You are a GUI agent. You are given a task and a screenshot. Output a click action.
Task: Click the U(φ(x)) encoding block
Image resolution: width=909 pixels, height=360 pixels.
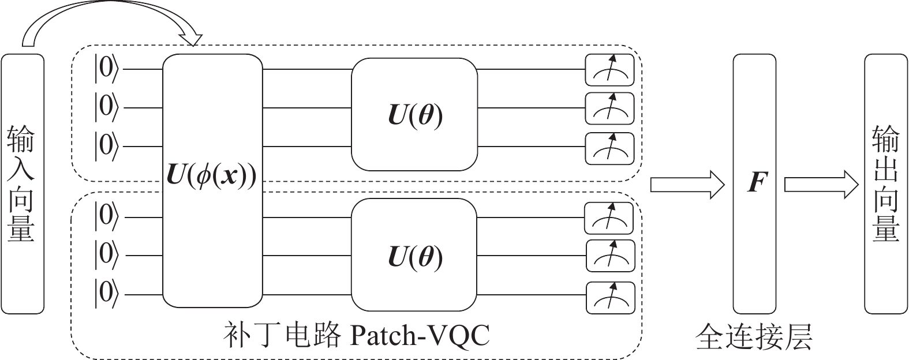[212, 180]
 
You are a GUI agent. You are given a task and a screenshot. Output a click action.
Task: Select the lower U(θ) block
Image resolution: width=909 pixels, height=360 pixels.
[414, 257]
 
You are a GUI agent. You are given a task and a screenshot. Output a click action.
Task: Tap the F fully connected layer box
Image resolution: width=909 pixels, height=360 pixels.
[755, 183]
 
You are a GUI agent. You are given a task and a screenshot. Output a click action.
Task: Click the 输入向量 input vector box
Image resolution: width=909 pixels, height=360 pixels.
[23, 183]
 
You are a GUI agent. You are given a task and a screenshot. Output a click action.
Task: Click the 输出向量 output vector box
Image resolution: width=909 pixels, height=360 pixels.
[886, 183]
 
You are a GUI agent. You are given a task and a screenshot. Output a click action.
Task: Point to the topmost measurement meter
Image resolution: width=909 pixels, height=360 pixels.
[610, 69]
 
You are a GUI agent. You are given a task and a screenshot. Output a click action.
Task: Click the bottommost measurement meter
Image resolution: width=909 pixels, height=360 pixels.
[611, 297]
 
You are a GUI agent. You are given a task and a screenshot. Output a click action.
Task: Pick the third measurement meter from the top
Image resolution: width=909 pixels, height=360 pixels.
[610, 148]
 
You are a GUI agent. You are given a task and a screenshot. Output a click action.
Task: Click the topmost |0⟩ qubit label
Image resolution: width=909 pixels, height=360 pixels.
[107, 69]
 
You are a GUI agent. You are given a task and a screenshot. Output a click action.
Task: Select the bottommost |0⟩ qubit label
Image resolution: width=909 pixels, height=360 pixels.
[107, 294]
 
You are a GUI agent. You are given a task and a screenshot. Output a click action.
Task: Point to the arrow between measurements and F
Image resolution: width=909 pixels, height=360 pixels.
[687, 185]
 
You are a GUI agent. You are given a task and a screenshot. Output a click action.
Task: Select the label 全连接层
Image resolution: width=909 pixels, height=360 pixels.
[754, 336]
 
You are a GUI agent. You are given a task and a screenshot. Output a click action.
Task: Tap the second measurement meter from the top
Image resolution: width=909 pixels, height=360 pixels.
[610, 108]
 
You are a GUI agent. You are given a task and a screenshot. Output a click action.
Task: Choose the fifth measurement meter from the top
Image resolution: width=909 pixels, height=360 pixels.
[611, 256]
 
